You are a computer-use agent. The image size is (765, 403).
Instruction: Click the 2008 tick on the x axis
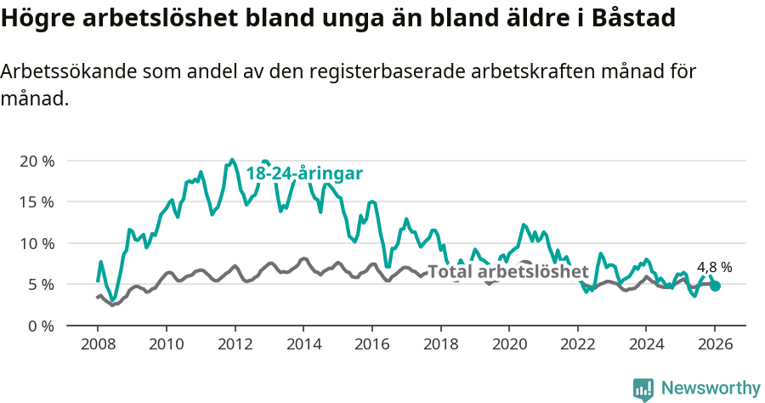pyautogui.click(x=97, y=347)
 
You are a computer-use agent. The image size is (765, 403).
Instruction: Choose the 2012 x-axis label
pyautogui.click(x=235, y=347)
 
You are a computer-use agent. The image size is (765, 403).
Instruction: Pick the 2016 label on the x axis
pyautogui.click(x=371, y=347)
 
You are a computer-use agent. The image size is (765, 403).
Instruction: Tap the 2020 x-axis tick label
pyautogui.click(x=508, y=347)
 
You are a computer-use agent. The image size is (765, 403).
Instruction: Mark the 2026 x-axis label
pyautogui.click(x=714, y=347)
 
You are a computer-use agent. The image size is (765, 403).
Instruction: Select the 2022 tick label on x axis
pyautogui.click(x=577, y=347)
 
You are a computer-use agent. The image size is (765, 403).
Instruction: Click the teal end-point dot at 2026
pyautogui.click(x=715, y=287)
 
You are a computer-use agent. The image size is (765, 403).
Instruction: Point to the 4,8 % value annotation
pyautogui.click(x=714, y=267)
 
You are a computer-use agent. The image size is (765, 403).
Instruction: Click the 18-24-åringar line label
pyautogui.click(x=304, y=173)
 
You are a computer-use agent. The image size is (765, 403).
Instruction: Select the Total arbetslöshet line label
pyautogui.click(x=507, y=272)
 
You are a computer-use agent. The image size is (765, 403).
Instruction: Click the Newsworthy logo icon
pyautogui.click(x=643, y=389)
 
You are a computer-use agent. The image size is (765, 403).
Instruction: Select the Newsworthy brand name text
pyautogui.click(x=710, y=389)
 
